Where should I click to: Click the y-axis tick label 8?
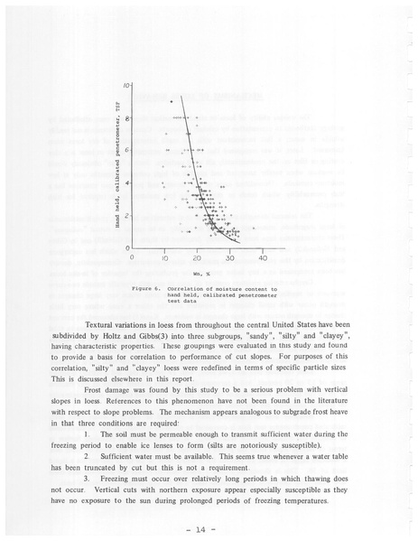pyautogui.click(x=128, y=117)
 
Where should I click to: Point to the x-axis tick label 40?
pyautogui.click(x=263, y=258)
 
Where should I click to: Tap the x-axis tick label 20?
pyautogui.click(x=197, y=258)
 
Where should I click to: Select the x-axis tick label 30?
pyautogui.click(x=230, y=258)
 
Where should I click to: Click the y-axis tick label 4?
pyautogui.click(x=128, y=183)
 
